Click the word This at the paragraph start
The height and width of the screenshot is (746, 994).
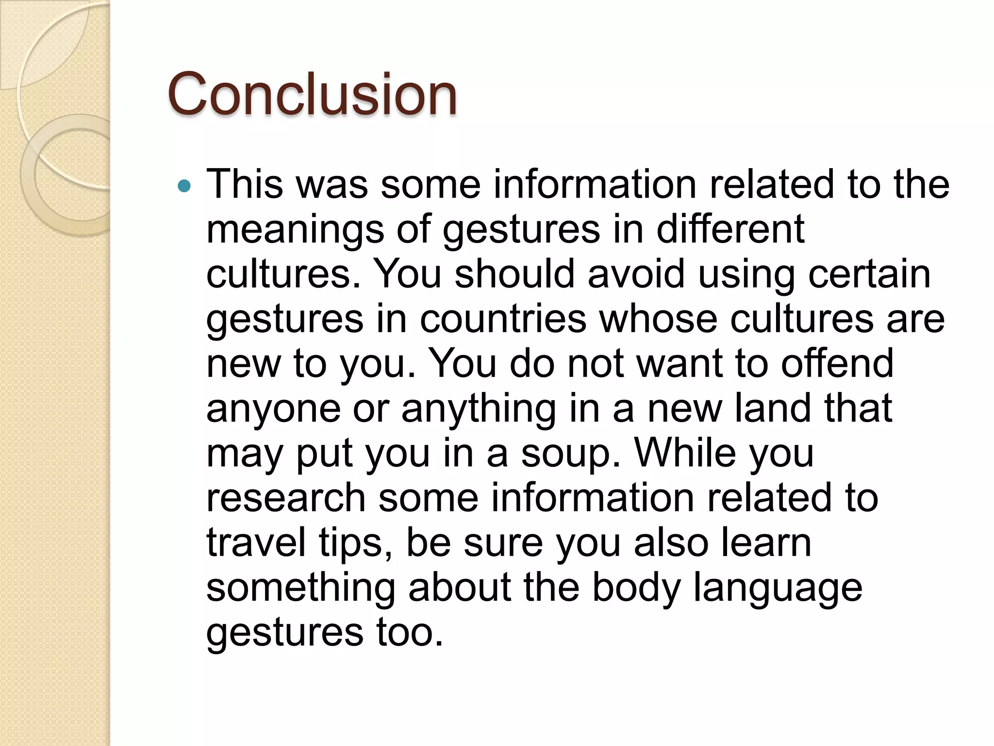[x=245, y=184]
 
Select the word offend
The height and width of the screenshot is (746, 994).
[x=837, y=363]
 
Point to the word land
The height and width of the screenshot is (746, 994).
[x=772, y=407]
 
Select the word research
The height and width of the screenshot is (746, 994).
[x=286, y=498]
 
